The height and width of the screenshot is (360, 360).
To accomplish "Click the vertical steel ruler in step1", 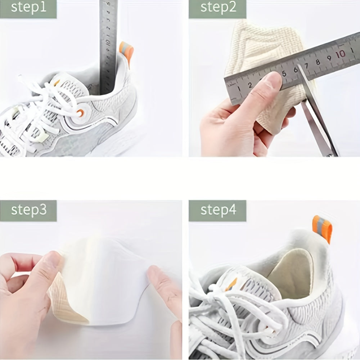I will tap(108, 43).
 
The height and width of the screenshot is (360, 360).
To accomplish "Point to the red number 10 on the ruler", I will tap(340, 54).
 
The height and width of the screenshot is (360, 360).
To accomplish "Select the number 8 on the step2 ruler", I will tap(318, 62).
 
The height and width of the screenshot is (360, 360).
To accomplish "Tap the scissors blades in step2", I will tap(317, 115).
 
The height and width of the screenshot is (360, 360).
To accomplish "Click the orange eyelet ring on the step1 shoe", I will tap(80, 113).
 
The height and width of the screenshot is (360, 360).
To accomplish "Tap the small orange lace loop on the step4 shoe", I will tap(230, 284).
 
